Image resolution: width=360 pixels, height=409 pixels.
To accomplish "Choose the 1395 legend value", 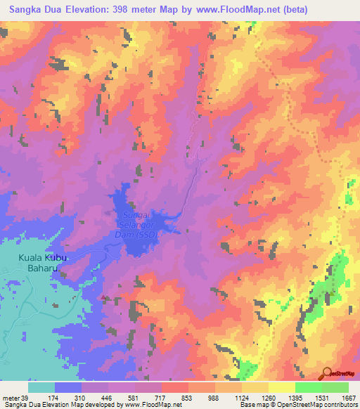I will tap(295, 398).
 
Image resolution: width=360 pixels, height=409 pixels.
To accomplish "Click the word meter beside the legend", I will tap(11, 398).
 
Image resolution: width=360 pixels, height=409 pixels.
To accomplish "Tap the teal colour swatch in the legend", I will tap(41, 387).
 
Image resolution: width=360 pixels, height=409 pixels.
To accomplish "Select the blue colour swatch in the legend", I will tap(68, 387).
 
